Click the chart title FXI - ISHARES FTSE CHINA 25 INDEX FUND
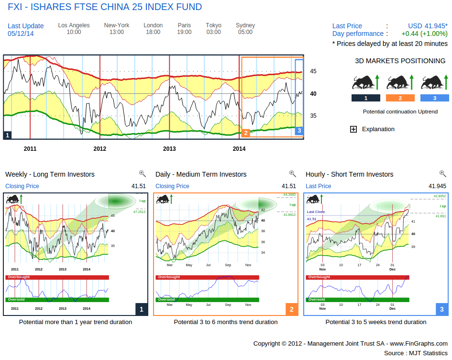click(105, 7)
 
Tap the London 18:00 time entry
click(153, 29)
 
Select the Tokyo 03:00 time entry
click(213, 29)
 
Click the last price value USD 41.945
click(428, 26)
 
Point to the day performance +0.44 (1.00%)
click(424, 34)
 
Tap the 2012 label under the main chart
click(99, 149)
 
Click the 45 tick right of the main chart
click(313, 71)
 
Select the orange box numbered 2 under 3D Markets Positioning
click(400, 98)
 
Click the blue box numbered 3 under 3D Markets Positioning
click(434, 98)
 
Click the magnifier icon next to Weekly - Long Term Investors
click(142, 174)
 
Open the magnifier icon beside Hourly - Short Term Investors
click(442, 174)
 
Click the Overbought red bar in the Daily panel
click(207, 277)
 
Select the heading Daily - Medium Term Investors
click(201, 174)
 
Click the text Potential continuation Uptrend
click(399, 112)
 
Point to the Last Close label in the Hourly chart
click(316, 212)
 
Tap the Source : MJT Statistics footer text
click(416, 353)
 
